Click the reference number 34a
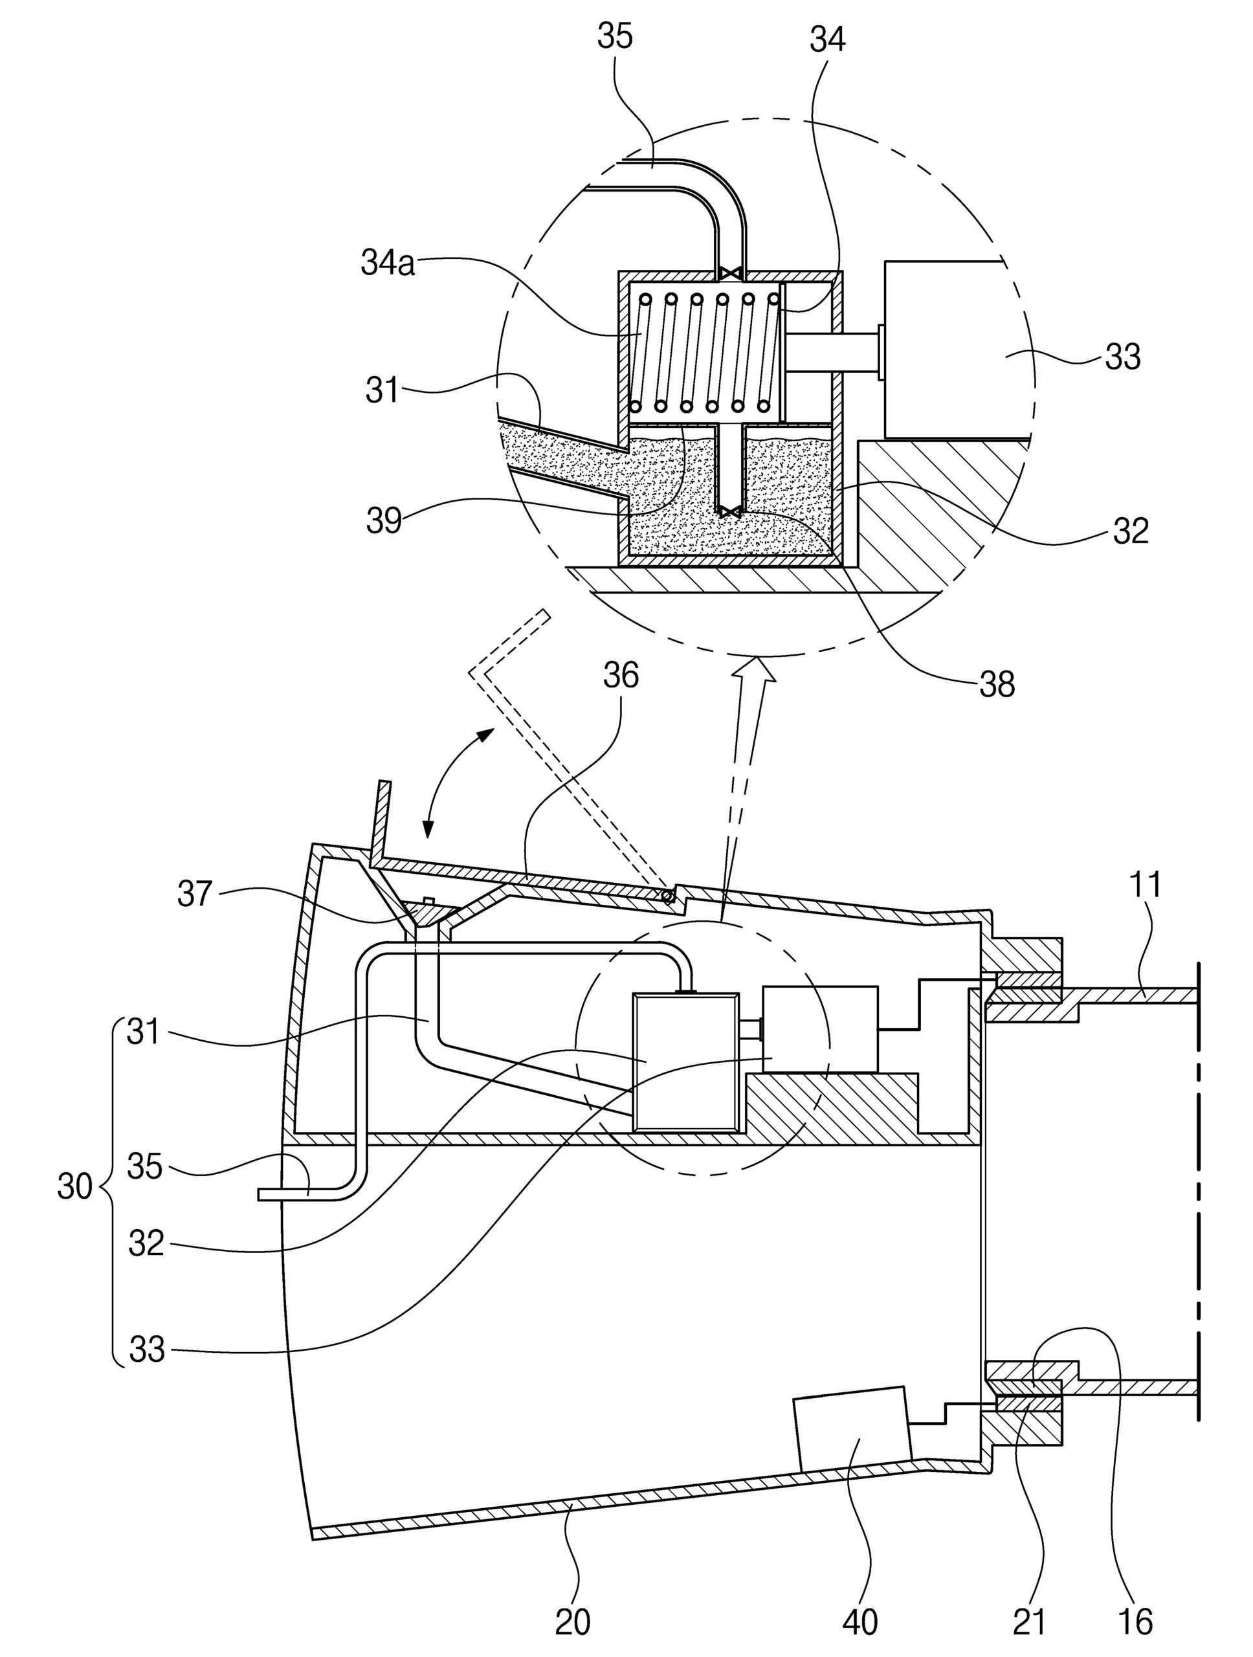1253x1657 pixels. pos(387,265)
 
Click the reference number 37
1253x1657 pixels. pos(195,894)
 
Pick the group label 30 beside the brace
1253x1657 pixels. pos(75,1186)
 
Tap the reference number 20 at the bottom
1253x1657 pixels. pos(573,1622)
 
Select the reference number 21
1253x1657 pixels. pos(1029,1622)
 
